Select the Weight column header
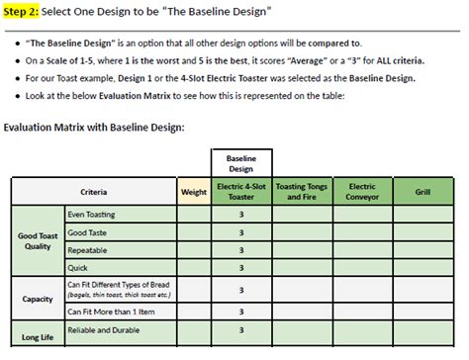193,192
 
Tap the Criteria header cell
94,192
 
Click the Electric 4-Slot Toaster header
241,192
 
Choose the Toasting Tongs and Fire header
303,192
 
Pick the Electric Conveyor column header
363,192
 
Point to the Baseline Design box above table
241,163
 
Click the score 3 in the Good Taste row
241,231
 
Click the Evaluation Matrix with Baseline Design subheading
94,127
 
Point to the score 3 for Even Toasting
241,214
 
